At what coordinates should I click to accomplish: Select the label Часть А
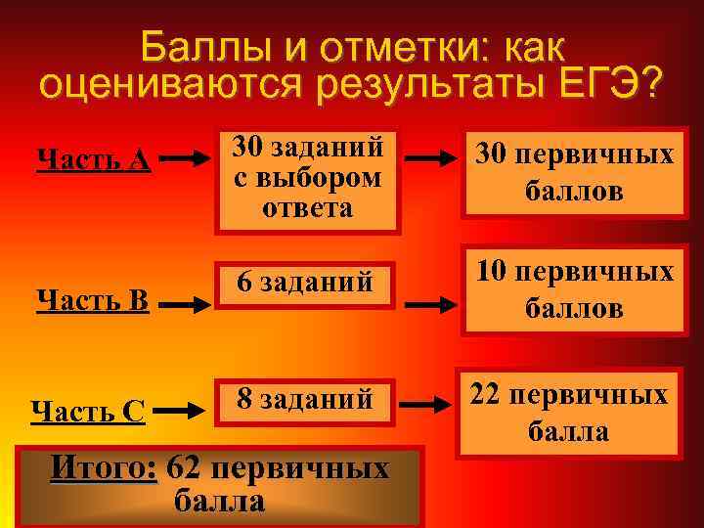tap(92, 159)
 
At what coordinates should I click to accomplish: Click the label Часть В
tap(92, 299)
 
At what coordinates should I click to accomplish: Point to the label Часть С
tap(89, 412)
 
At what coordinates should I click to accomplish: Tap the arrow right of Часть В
tap(186, 305)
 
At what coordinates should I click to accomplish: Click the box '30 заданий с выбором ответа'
tap(308, 177)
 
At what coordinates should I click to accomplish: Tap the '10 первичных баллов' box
tap(573, 290)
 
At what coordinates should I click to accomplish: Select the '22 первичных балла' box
tap(570, 412)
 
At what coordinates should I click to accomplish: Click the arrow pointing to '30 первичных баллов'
tap(435, 155)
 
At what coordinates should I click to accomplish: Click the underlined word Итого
tap(104, 468)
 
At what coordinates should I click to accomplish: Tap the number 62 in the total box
tap(185, 468)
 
